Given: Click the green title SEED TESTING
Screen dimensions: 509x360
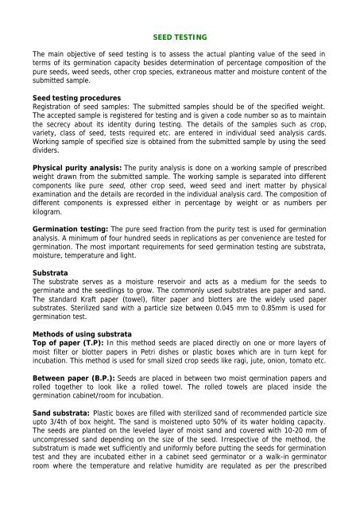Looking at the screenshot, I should point(180,37).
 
